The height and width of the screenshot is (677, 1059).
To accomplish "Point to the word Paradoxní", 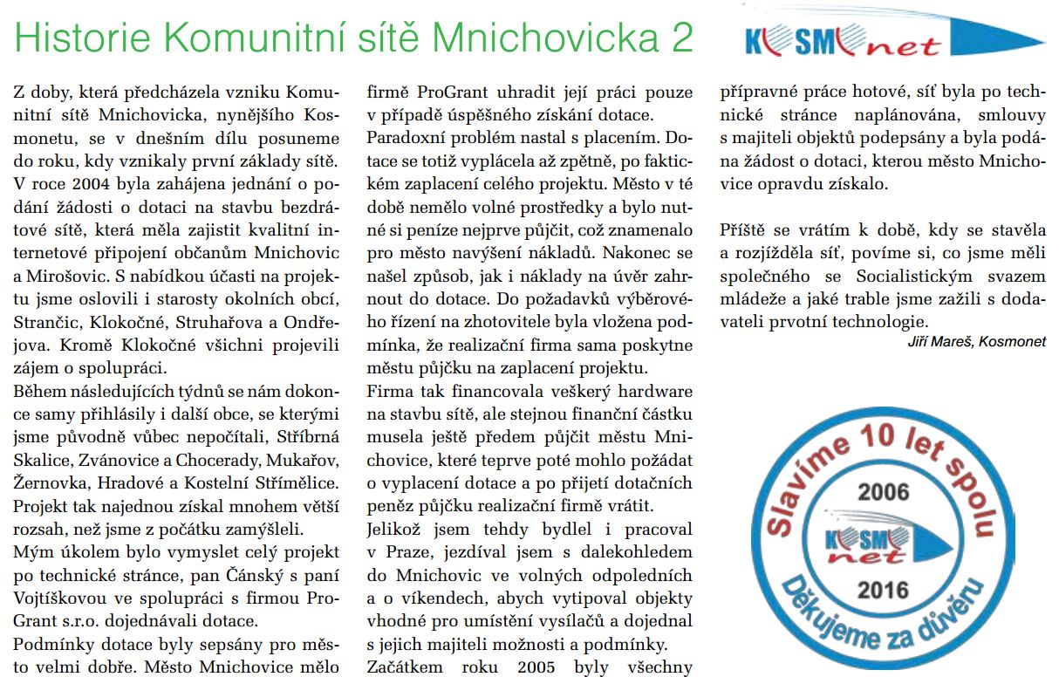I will point(403,137).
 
